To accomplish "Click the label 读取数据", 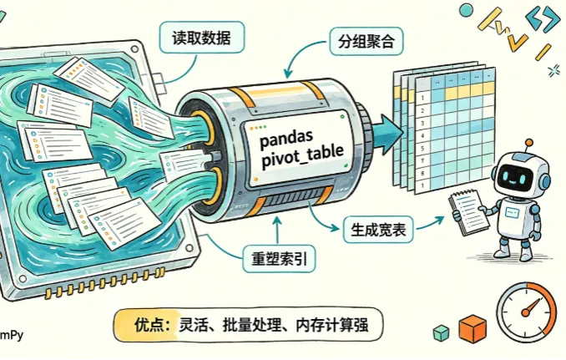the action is coord(202,38).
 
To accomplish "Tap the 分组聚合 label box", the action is coord(366,42).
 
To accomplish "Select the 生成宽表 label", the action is coord(378,230).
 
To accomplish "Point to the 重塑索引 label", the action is coord(279,259).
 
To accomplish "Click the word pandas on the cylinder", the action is coord(286,139).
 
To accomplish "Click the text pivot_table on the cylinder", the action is coord(302,157).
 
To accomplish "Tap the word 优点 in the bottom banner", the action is coord(148,325).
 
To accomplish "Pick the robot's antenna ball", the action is coord(528,143).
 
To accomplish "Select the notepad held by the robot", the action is coord(469,212).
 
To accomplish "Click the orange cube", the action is coord(473,328).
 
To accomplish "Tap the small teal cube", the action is coord(441,332).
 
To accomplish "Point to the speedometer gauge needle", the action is coord(530,307).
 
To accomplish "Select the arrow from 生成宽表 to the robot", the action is coord(430,223).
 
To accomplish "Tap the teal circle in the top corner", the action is coord(466,10).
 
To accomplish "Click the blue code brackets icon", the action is coord(543,18).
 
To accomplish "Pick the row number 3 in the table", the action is coord(423,123).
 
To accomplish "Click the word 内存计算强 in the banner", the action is coord(331,325).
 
